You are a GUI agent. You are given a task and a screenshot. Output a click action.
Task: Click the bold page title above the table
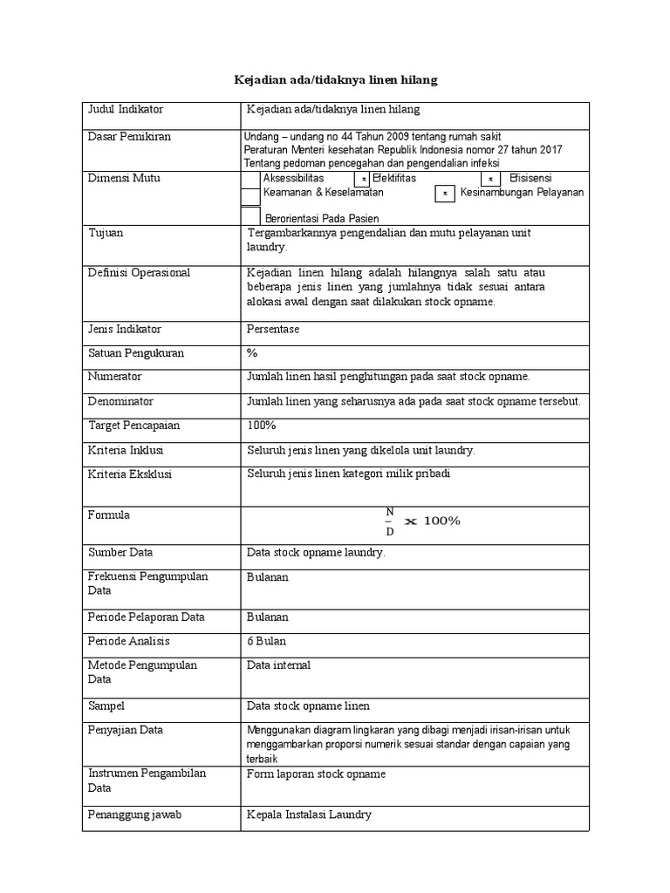[x=336, y=79]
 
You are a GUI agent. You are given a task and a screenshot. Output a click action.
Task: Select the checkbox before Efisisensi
[x=490, y=180]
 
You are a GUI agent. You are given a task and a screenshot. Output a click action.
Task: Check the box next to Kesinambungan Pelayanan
[x=445, y=194]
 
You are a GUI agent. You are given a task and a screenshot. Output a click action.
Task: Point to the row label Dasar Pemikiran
[x=129, y=137]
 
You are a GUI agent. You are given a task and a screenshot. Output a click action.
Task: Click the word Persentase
[x=273, y=330]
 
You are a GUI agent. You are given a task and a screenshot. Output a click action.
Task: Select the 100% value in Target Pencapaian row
[x=262, y=425]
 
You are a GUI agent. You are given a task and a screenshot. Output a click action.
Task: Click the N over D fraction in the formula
[x=390, y=521]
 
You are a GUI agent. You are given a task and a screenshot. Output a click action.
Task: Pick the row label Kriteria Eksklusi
[x=130, y=474]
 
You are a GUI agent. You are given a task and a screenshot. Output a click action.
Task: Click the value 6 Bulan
[x=267, y=640]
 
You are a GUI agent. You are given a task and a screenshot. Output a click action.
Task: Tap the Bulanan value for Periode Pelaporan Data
[x=268, y=617]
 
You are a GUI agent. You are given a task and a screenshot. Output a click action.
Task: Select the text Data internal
[x=279, y=665]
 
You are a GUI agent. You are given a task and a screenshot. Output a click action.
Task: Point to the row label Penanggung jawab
[x=134, y=815]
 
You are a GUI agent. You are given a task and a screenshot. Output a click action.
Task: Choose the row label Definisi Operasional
[x=139, y=273]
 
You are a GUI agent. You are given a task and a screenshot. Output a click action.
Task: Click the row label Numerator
[x=115, y=377]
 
